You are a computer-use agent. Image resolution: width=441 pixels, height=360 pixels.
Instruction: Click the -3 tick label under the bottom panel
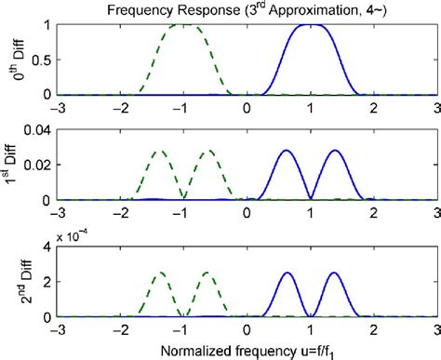pos(56,329)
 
